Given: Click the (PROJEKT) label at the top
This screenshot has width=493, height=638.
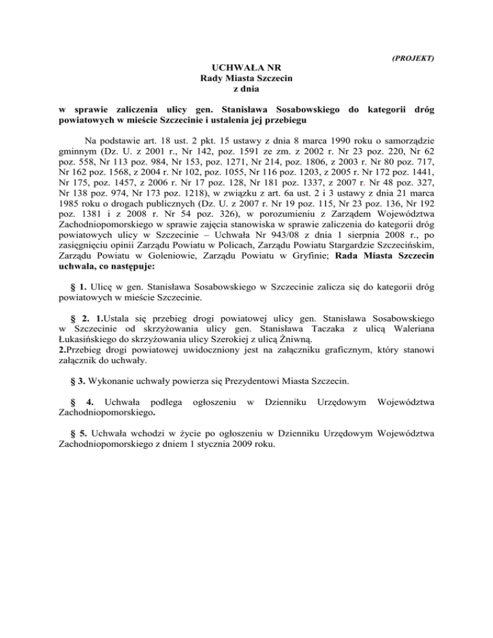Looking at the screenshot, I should pos(413,58).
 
